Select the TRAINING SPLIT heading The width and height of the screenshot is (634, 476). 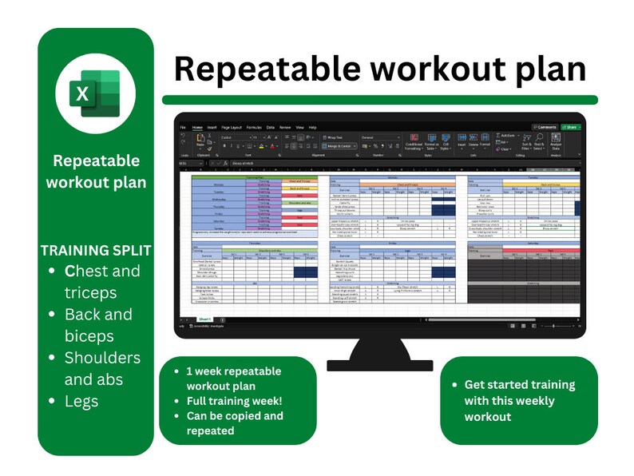point(96,250)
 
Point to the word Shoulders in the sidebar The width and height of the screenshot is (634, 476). point(102,357)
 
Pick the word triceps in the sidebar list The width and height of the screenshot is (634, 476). point(90,292)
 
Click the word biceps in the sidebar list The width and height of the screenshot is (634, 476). point(89,335)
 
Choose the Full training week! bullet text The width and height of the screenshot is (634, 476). point(235,401)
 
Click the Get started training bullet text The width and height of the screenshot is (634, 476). point(519,385)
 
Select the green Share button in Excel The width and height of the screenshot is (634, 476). point(571,127)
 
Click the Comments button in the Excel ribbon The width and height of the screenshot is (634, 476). point(545,127)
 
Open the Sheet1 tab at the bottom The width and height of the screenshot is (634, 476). point(204,319)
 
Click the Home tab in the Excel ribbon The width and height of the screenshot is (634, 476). point(196,127)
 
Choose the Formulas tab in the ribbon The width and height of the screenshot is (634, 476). point(254,127)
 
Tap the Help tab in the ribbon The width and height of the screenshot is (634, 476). point(312,127)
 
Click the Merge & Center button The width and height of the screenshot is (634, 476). point(340,146)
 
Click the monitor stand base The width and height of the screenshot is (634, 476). point(379,363)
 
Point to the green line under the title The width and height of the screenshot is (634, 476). point(379,100)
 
